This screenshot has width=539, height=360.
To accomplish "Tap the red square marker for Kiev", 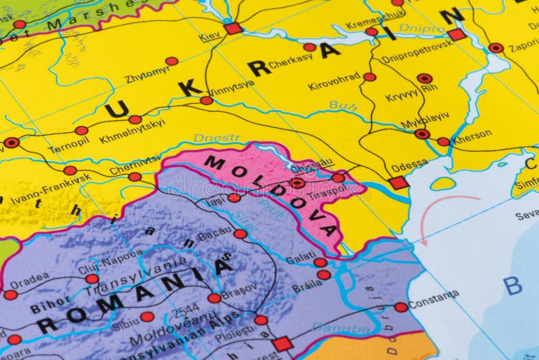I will (232, 28).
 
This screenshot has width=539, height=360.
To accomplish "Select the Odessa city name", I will (409, 164).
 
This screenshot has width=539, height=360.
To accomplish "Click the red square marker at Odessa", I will (398, 183).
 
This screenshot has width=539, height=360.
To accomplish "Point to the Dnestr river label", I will (217, 138).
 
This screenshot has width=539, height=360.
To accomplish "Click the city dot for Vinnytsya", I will (206, 100).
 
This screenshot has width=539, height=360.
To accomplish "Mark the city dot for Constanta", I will (401, 307).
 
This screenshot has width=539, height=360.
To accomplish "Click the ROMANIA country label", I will (135, 297).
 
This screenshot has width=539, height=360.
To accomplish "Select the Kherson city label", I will (472, 134).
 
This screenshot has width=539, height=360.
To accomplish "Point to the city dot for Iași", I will (234, 198).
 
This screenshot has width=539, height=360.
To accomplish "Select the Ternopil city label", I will (68, 144).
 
